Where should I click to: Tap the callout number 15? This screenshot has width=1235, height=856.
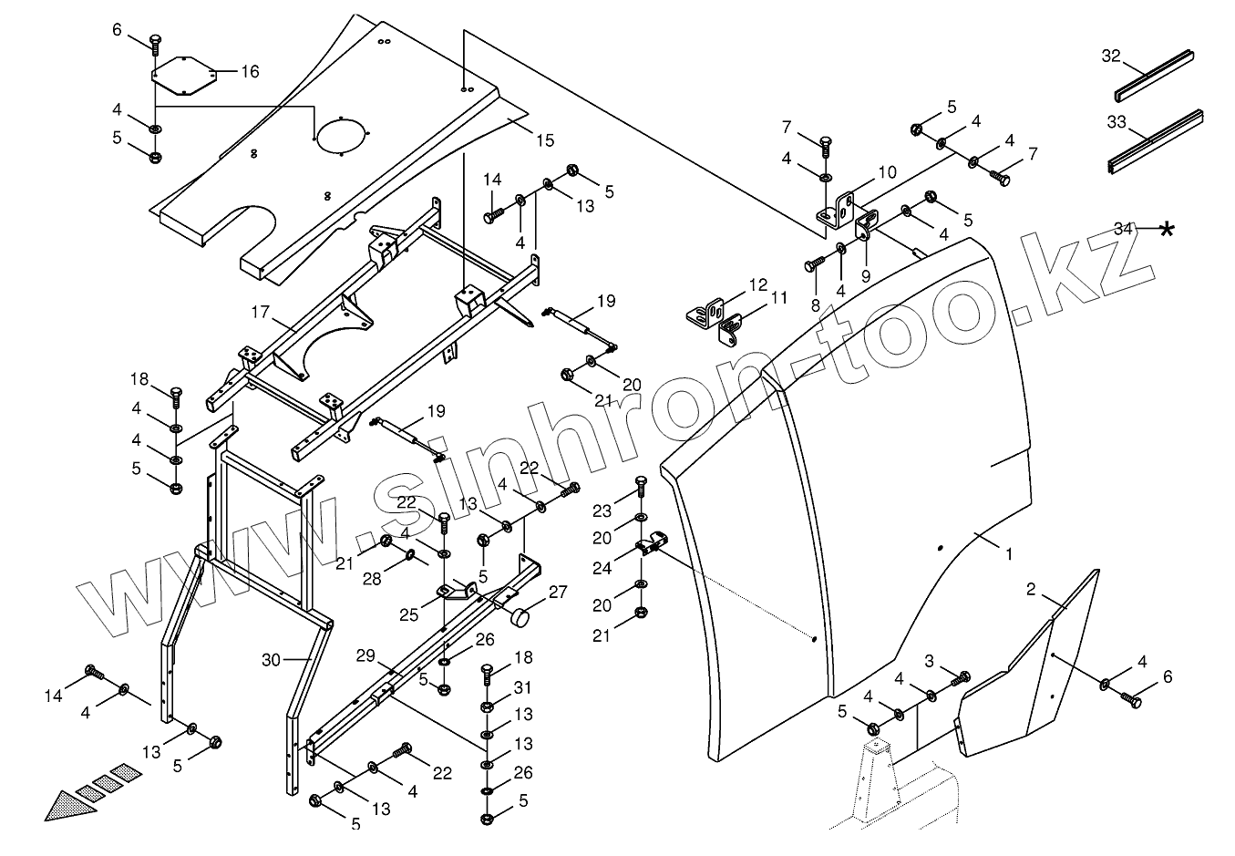tap(544, 140)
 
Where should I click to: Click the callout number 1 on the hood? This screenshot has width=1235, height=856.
tap(1008, 552)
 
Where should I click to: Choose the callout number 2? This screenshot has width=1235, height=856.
tap(1030, 590)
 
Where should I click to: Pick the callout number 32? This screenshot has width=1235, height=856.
tap(1110, 57)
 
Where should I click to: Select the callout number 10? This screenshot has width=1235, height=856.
tap(887, 171)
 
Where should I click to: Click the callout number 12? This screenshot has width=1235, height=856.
tap(758, 285)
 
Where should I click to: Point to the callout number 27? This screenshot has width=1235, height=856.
tap(558, 593)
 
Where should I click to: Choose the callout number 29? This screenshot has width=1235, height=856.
tap(365, 656)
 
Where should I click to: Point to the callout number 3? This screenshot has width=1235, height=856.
tap(929, 660)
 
